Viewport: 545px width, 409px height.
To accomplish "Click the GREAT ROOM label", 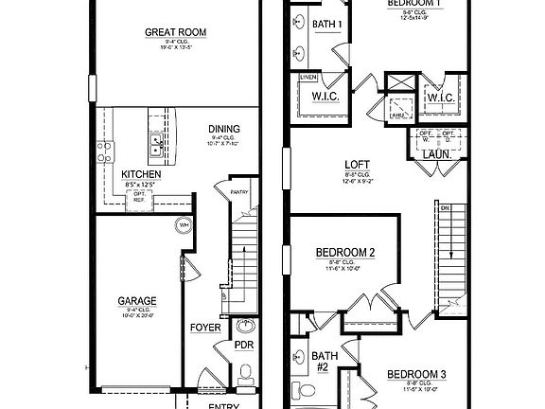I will (x=176, y=32).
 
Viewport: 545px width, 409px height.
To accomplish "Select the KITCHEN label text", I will (x=141, y=175).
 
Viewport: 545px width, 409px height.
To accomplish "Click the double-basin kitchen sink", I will (x=157, y=144).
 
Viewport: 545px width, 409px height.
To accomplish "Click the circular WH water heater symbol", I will (x=183, y=226).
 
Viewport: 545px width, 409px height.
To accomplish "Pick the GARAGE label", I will (x=137, y=301).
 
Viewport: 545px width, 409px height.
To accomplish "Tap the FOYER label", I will (x=205, y=328).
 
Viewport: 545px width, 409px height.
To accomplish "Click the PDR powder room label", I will (x=244, y=346).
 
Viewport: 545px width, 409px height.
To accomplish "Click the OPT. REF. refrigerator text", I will (x=140, y=196).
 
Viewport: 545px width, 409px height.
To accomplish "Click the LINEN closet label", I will (x=308, y=77).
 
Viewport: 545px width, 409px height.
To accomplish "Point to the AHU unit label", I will (x=396, y=115).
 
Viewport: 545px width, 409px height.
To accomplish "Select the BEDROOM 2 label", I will (x=345, y=252).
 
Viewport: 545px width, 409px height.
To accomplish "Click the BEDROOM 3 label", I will (x=416, y=374).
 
